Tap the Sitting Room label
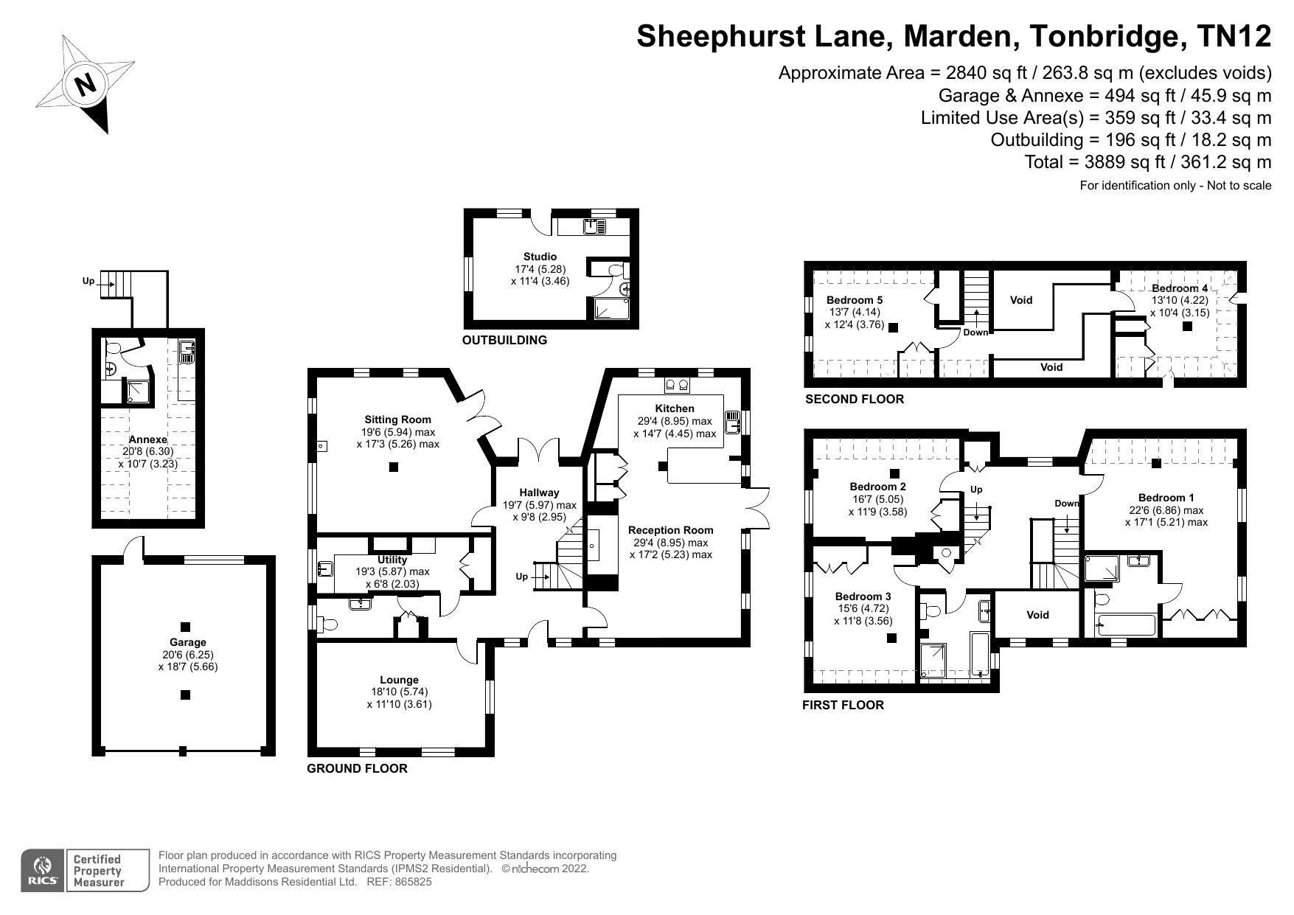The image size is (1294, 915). point(397,420)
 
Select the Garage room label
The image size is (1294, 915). point(187,642)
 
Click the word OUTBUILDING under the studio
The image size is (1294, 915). point(504,340)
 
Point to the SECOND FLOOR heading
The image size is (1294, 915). point(854,399)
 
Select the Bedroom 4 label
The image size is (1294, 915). point(1180,288)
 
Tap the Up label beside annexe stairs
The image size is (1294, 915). point(88,281)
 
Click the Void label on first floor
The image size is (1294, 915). point(1037,614)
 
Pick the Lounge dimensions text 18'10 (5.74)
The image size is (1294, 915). point(399,692)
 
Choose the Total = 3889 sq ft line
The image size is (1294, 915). point(1147,161)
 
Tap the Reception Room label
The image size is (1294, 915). point(670,529)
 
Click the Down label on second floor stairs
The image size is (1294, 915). point(975,333)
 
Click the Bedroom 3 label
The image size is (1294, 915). point(863,596)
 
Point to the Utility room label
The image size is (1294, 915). point(392,560)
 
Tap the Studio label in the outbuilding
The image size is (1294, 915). point(540,257)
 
